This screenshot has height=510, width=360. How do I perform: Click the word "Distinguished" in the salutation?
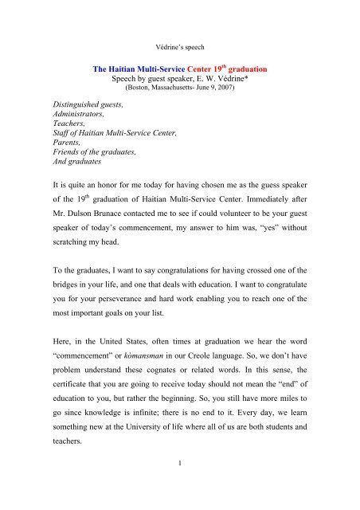48,99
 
